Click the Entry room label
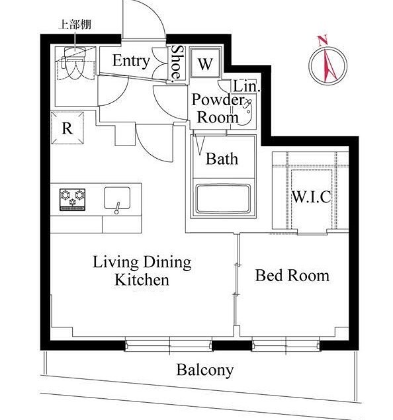(x=131, y=61)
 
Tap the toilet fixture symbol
(x=74, y=63)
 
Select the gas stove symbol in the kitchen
(x=72, y=200)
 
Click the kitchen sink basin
(x=117, y=198)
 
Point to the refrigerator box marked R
(x=67, y=128)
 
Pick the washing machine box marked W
(x=206, y=63)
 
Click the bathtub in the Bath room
(x=223, y=198)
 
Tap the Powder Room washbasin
(x=245, y=112)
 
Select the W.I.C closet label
(x=311, y=197)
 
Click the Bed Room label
(x=292, y=275)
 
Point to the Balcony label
(x=205, y=370)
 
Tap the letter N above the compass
(x=323, y=41)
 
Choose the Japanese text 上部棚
(x=75, y=24)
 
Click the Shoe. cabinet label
(x=177, y=63)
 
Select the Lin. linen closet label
(x=247, y=87)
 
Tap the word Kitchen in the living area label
(x=142, y=280)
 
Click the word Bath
(x=222, y=159)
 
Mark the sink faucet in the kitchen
(x=117, y=208)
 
